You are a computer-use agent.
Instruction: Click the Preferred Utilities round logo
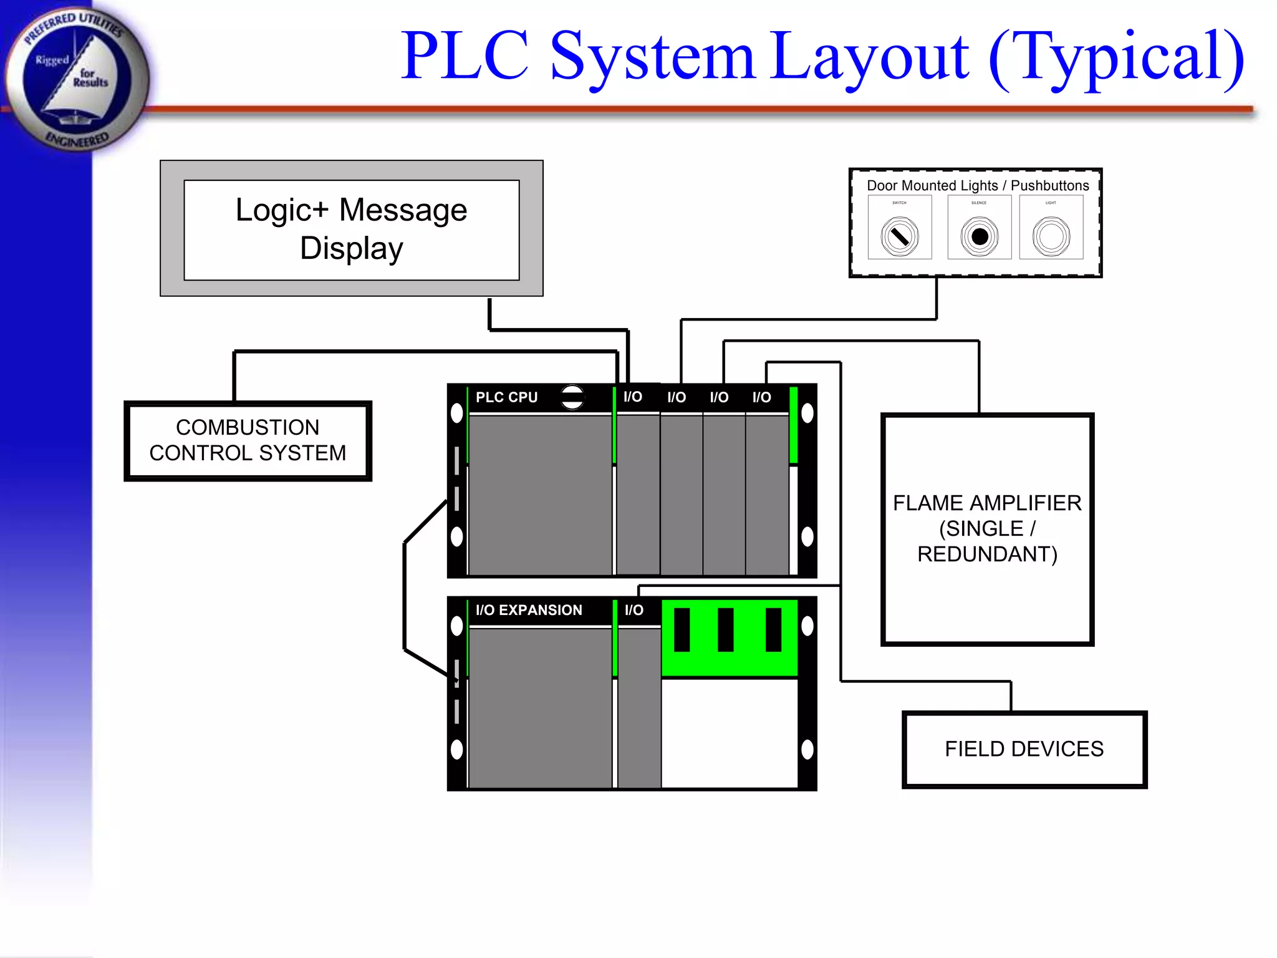pyautogui.click(x=76, y=78)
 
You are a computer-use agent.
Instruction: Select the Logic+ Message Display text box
pyautogui.click(x=351, y=230)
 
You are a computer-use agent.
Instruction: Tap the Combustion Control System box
pyautogui.click(x=248, y=440)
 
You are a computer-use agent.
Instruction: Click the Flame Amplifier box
pyautogui.click(x=986, y=529)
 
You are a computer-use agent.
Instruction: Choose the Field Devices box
pyautogui.click(x=1024, y=749)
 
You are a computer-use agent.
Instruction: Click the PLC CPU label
pyautogui.click(x=506, y=397)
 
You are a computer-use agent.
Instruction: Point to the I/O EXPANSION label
pyautogui.click(x=529, y=610)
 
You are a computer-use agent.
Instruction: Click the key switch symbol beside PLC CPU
pyautogui.click(x=572, y=397)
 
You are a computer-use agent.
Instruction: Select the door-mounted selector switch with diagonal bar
pyautogui.click(x=900, y=236)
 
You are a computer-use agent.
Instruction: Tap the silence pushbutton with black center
pyautogui.click(x=980, y=236)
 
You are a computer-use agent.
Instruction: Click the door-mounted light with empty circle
pyautogui.click(x=1051, y=236)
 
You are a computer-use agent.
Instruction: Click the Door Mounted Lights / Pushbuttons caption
pyautogui.click(x=977, y=186)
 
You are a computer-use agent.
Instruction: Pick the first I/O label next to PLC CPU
pyautogui.click(x=633, y=397)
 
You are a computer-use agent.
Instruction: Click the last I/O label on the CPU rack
pyautogui.click(x=761, y=397)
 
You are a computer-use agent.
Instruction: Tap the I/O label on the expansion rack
pyautogui.click(x=634, y=610)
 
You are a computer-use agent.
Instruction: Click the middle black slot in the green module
pyautogui.click(x=725, y=630)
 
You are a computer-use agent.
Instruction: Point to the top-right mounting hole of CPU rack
pyautogui.click(x=807, y=413)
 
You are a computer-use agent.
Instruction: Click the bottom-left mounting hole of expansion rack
pyautogui.click(x=457, y=749)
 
